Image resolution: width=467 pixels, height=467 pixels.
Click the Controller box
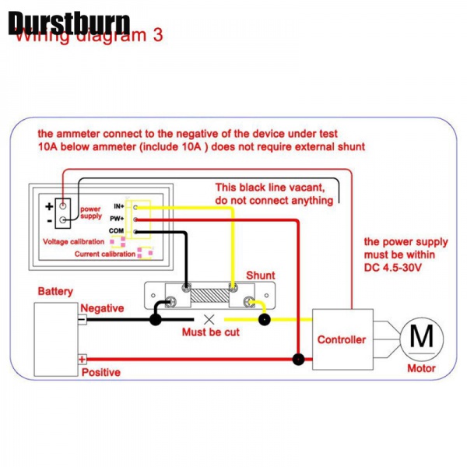click(x=341, y=339)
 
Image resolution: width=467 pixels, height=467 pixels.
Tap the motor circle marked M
click(x=421, y=337)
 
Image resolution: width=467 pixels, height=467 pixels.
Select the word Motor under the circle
click(x=421, y=368)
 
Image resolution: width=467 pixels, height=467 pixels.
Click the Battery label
click(x=55, y=292)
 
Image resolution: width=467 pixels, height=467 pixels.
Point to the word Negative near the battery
click(x=102, y=308)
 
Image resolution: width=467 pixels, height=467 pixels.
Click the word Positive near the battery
click(x=101, y=372)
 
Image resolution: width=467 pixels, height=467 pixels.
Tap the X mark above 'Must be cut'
click(x=209, y=319)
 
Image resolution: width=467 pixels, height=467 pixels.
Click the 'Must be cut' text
click(x=210, y=332)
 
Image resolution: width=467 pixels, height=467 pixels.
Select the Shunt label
click(x=260, y=276)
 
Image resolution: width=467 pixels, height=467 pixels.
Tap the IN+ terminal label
click(x=119, y=205)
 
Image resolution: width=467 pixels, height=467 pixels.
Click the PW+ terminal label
click(x=118, y=219)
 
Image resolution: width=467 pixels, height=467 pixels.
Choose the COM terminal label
click(x=117, y=231)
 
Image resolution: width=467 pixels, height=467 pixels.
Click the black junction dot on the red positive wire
click(x=297, y=359)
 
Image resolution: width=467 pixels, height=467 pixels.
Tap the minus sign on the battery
click(x=82, y=319)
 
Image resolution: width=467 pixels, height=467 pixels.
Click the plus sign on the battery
click(x=82, y=359)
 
